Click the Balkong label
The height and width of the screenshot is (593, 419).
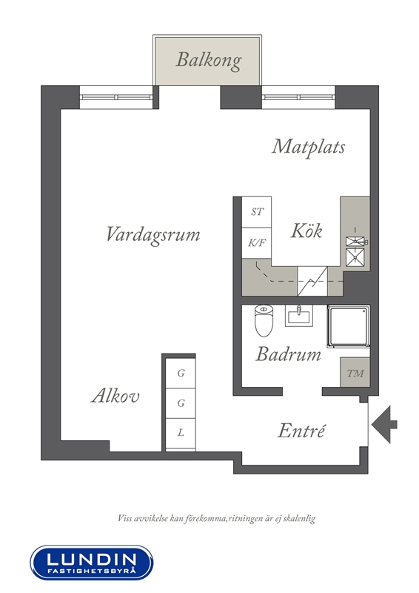point(209,61)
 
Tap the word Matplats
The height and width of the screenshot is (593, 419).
point(308,148)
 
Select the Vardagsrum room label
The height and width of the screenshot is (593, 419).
point(153,235)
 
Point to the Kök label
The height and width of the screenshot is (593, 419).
point(306,231)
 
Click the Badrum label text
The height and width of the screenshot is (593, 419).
point(288,354)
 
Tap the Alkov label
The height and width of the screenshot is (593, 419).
point(115,396)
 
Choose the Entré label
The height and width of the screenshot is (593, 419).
point(301,431)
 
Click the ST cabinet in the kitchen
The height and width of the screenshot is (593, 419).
point(257,212)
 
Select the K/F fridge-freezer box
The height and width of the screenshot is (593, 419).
point(257,243)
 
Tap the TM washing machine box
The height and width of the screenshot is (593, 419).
point(355,372)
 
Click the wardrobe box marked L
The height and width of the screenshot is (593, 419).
point(181,433)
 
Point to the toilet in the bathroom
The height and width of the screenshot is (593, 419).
point(264,321)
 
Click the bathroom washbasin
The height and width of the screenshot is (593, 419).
point(299,316)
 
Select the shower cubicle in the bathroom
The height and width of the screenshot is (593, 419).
point(349,326)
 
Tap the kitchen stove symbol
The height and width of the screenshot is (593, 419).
point(355,251)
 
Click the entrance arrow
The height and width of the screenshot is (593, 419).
point(384,424)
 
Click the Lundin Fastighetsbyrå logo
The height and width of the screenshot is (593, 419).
point(92,563)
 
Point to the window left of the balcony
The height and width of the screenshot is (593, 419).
point(116,97)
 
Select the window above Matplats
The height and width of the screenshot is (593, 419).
point(298,97)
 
